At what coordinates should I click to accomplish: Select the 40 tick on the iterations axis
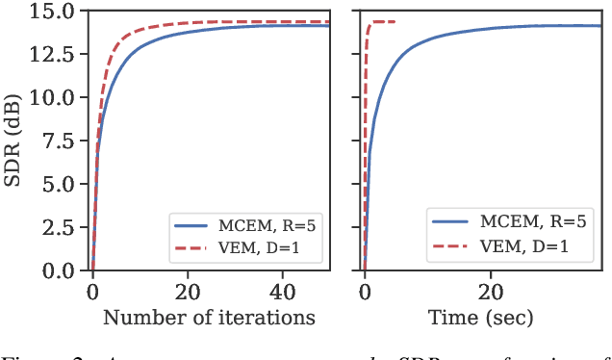(x=281, y=292)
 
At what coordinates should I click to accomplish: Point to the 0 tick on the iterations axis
(x=92, y=292)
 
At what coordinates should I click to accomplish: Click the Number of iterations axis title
(x=209, y=317)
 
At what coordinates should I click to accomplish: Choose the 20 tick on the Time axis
(x=491, y=292)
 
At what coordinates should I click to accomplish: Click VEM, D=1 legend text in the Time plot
(x=537, y=246)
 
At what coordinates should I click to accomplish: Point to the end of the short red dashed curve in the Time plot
(x=395, y=21)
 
